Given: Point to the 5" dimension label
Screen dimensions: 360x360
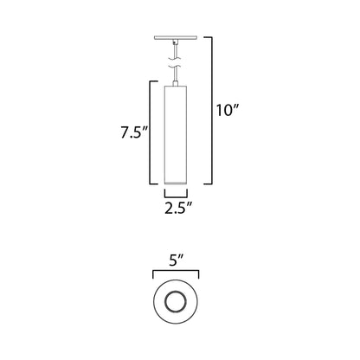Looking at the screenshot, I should click(179, 258).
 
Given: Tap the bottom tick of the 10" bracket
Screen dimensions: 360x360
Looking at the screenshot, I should click(209, 186).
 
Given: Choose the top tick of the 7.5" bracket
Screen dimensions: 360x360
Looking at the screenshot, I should click(154, 81).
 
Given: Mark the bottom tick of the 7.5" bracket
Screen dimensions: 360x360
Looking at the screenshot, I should click(154, 186).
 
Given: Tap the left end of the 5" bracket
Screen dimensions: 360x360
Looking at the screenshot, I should click(153, 273).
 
